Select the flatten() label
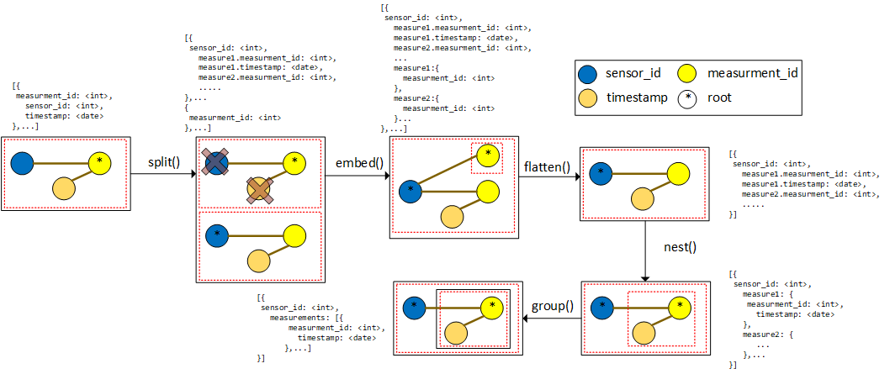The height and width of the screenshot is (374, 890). pyautogui.click(x=547, y=166)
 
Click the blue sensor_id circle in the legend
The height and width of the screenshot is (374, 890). pyautogui.click(x=591, y=73)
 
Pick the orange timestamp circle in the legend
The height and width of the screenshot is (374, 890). pyautogui.click(x=591, y=97)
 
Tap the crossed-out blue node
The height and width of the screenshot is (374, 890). pyautogui.click(x=217, y=161)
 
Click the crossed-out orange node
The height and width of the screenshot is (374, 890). pyautogui.click(x=258, y=190)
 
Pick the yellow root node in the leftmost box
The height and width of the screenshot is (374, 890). pyautogui.click(x=100, y=161)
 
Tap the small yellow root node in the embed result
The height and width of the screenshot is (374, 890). pyautogui.click(x=487, y=155)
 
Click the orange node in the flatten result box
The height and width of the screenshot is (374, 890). pyautogui.click(x=642, y=198)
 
